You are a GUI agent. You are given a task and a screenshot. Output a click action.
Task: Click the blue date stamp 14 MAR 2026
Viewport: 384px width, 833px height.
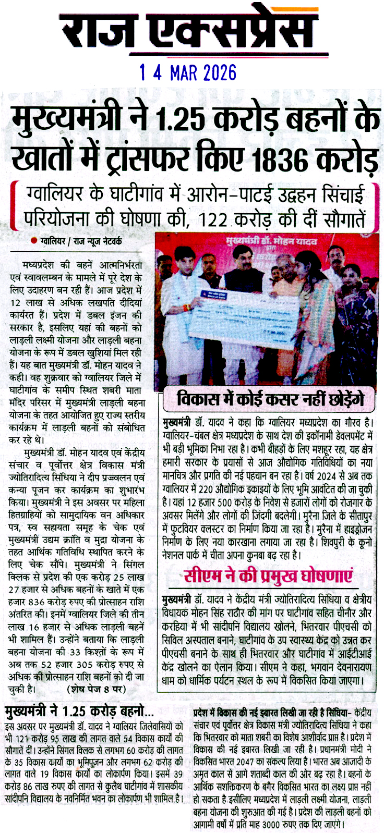188,72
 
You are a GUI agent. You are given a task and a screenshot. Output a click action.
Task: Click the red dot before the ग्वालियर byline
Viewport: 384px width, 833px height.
34,241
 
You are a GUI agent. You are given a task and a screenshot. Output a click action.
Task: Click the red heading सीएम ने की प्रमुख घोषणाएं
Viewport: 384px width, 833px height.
267,577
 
